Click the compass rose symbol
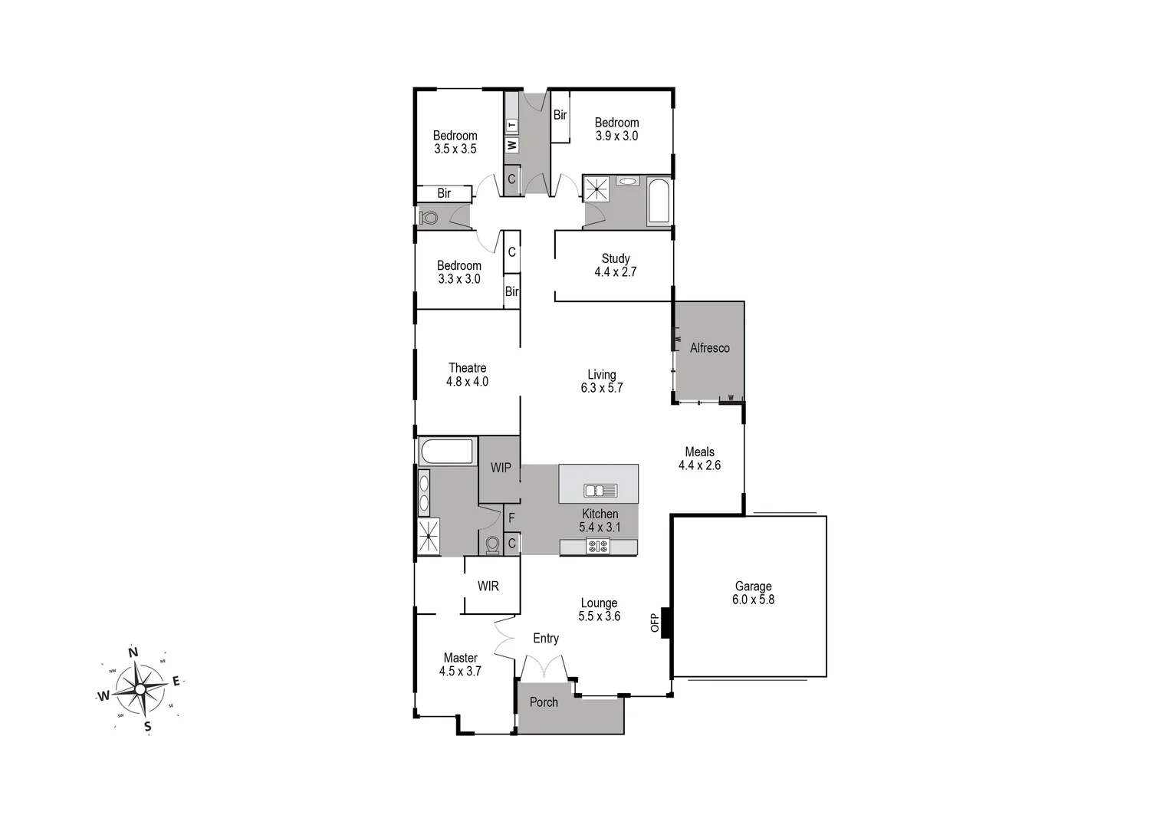pyautogui.click(x=140, y=688)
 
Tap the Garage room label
pyautogui.click(x=753, y=586)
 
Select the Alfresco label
pyautogui.click(x=709, y=348)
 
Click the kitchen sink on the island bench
pyautogui.click(x=600, y=491)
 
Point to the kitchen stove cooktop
pyautogui.click(x=597, y=547)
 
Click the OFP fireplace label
pyautogui.click(x=655, y=623)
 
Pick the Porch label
pyautogui.click(x=544, y=702)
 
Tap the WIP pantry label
pyautogui.click(x=501, y=468)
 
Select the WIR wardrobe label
pyautogui.click(x=488, y=586)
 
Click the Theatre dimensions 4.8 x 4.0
pyautogui.click(x=467, y=382)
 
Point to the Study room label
pyautogui.click(x=616, y=258)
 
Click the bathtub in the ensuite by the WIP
pyautogui.click(x=446, y=452)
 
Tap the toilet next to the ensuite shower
pyautogui.click(x=492, y=544)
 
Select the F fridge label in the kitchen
pyautogui.click(x=511, y=518)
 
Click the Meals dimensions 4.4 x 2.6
pyautogui.click(x=699, y=465)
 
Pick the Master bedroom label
pyautogui.click(x=460, y=658)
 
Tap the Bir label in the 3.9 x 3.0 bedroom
pyautogui.click(x=560, y=115)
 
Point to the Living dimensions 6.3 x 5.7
pyautogui.click(x=602, y=388)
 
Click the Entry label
pyautogui.click(x=546, y=639)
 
